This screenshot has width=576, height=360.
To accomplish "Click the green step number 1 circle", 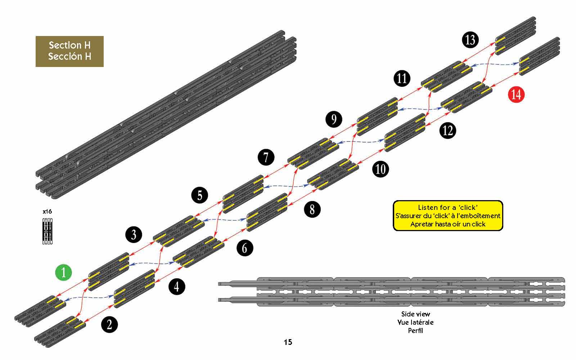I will (64, 273).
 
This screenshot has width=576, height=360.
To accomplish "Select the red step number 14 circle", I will (516, 95).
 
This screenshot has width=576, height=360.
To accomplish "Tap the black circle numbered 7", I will (266, 157).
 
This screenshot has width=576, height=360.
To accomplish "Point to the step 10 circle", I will (381, 168).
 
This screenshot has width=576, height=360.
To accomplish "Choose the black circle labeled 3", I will (134, 235).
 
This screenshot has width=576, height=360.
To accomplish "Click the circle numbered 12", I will (447, 130).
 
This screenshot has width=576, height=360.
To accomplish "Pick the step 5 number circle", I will (200, 195).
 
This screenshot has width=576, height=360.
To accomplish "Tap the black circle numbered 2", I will (109, 325).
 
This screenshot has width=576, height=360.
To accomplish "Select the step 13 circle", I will (470, 39).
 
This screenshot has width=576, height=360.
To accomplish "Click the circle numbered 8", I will (312, 209).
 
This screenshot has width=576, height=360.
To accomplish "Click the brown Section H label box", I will (69, 51).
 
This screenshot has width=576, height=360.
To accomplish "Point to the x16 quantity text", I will (47, 211).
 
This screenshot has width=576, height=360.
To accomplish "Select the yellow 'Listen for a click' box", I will (447, 216).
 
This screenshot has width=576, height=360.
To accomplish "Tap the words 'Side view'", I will (415, 314).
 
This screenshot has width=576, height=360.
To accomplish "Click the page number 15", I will (288, 342).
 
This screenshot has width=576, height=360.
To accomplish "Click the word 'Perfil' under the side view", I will (415, 330).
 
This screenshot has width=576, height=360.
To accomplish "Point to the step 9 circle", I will (334, 119).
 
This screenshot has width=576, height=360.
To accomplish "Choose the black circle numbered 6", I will (245, 248).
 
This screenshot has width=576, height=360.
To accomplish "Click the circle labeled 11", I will (402, 78).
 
